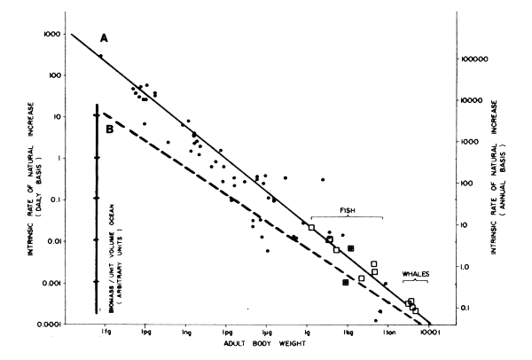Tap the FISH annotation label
[x=348, y=211]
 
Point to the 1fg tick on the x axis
[x=106, y=333]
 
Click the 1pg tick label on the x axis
[x=145, y=333]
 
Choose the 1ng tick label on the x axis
[x=186, y=333]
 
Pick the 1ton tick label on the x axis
[x=387, y=333]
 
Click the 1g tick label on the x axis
[x=307, y=333]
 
